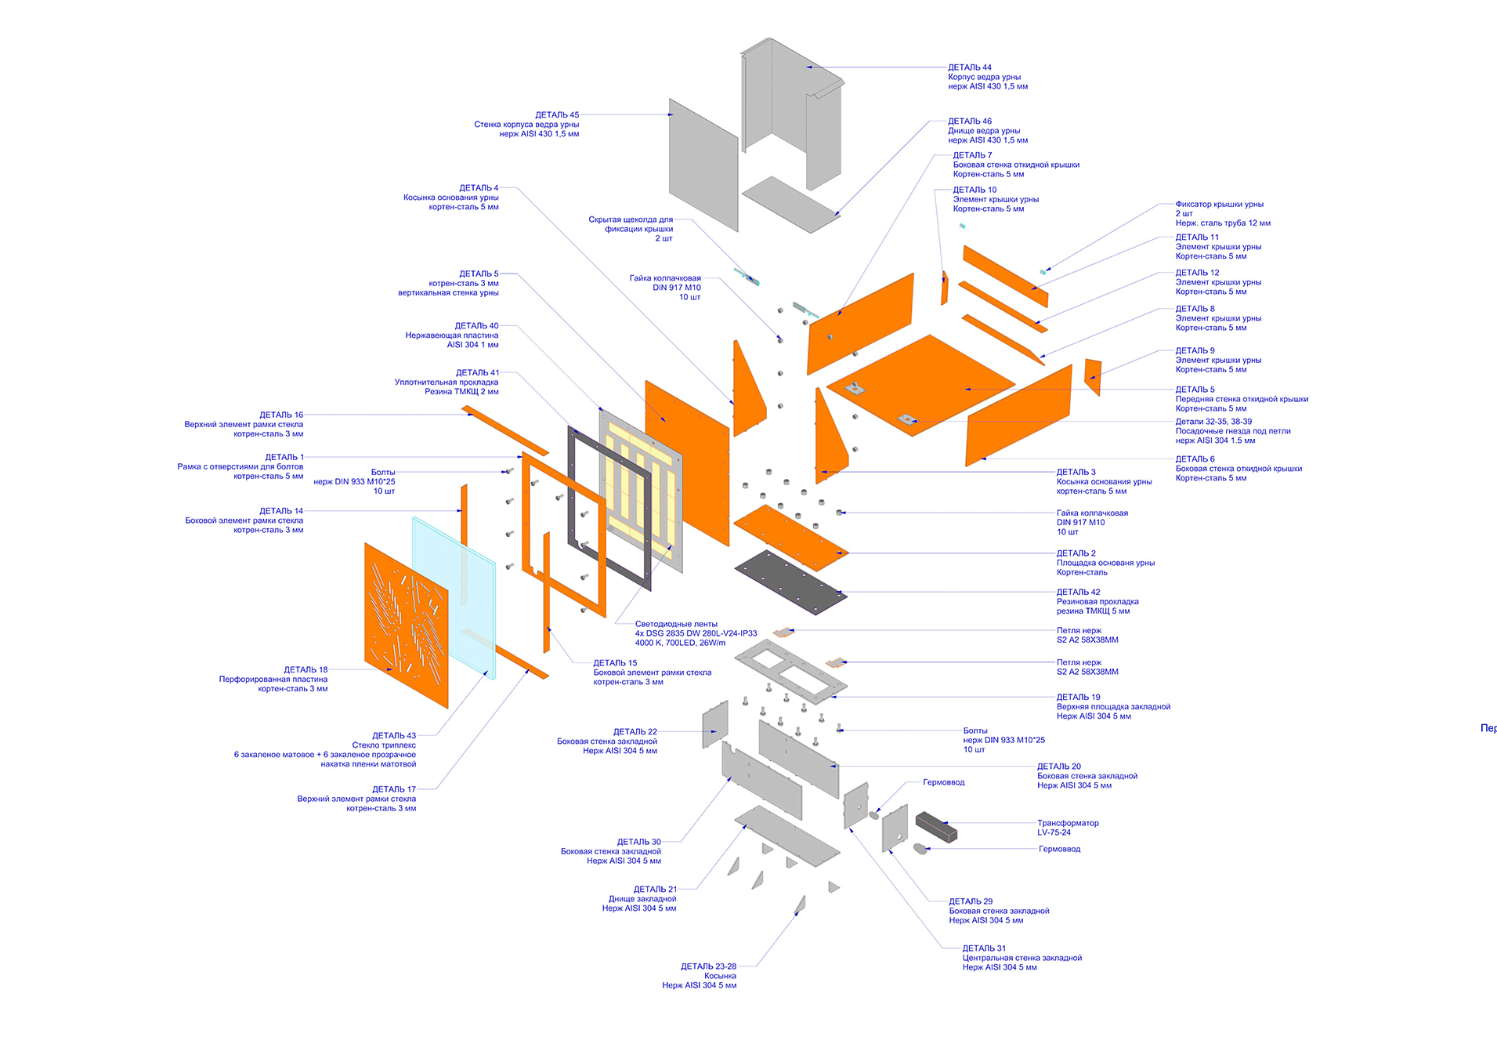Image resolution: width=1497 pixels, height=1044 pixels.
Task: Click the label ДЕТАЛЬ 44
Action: point(970,67)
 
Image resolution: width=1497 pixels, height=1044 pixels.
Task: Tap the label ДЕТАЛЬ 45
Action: point(557,115)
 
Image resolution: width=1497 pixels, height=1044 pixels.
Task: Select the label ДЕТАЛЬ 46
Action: point(970,121)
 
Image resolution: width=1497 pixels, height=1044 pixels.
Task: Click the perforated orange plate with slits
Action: point(406,625)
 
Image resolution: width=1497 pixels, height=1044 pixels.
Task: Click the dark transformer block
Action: point(936,826)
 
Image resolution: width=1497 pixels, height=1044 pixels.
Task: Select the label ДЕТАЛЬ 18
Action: point(306,670)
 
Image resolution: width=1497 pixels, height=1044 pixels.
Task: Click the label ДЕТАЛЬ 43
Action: point(394,736)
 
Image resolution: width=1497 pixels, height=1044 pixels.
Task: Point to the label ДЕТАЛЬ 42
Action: point(1078,593)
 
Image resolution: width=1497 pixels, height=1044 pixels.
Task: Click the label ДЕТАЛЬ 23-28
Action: point(708,966)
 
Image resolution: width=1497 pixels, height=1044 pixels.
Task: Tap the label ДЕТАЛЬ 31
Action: point(984,948)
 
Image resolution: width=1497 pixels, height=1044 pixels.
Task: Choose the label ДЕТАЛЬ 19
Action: point(1078,698)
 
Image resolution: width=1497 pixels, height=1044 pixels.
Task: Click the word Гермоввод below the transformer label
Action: point(1059,849)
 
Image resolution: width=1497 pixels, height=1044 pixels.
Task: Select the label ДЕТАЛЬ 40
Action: point(476,326)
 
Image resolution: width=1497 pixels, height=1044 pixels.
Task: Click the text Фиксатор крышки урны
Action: point(1219,205)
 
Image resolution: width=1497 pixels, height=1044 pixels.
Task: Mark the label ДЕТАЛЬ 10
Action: point(974,190)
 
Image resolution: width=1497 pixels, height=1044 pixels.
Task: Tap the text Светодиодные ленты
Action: point(676,624)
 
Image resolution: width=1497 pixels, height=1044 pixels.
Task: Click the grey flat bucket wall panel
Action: point(703,165)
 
